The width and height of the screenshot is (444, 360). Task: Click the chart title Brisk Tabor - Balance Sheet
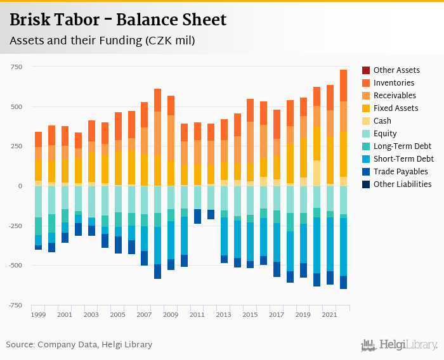(118, 20)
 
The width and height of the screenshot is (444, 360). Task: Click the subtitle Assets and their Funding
(101, 41)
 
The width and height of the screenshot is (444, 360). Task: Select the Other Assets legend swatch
(366, 70)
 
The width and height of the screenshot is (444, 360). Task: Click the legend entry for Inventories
(393, 83)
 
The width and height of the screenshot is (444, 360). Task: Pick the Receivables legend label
(395, 96)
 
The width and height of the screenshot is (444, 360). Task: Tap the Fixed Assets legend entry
(395, 108)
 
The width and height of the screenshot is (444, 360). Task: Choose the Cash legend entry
(382, 121)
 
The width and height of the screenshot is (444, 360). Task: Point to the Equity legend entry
(385, 134)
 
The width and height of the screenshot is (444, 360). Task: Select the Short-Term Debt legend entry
(403, 159)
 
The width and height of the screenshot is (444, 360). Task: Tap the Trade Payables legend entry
(400, 172)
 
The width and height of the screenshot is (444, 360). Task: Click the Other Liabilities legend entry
(402, 184)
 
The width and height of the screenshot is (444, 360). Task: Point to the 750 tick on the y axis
(16, 67)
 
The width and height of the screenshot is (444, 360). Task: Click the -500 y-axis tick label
(14, 266)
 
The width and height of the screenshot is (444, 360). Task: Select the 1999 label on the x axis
(38, 314)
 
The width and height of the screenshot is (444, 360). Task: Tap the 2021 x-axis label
(330, 314)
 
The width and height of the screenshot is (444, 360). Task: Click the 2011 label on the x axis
(197, 314)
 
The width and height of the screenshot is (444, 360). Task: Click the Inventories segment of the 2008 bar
(157, 100)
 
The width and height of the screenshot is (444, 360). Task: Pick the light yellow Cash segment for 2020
(317, 173)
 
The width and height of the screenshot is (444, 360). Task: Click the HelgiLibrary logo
(400, 345)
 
